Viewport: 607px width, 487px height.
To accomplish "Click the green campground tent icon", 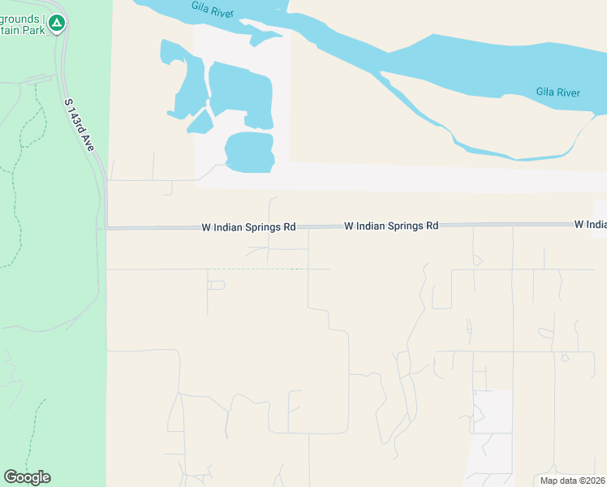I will [x=56, y=23].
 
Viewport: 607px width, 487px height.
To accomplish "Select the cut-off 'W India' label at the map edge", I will [x=590, y=224].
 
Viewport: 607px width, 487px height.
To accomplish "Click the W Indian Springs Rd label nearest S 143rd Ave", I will [x=248, y=228].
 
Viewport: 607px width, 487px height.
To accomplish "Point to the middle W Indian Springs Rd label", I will [x=391, y=226].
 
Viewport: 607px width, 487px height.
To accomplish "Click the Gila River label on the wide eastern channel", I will [x=557, y=93].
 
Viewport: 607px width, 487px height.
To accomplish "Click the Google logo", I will [x=27, y=477].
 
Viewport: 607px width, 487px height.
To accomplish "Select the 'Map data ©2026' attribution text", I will [x=572, y=481].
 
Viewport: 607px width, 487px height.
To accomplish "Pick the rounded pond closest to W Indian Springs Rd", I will [x=249, y=152].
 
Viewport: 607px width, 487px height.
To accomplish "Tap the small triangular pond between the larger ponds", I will [x=200, y=122].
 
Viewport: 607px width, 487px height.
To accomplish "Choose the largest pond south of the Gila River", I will [x=241, y=93].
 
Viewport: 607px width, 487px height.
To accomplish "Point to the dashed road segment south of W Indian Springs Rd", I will [x=256, y=269].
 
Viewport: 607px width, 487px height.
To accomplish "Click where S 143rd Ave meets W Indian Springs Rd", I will [x=106, y=228].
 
